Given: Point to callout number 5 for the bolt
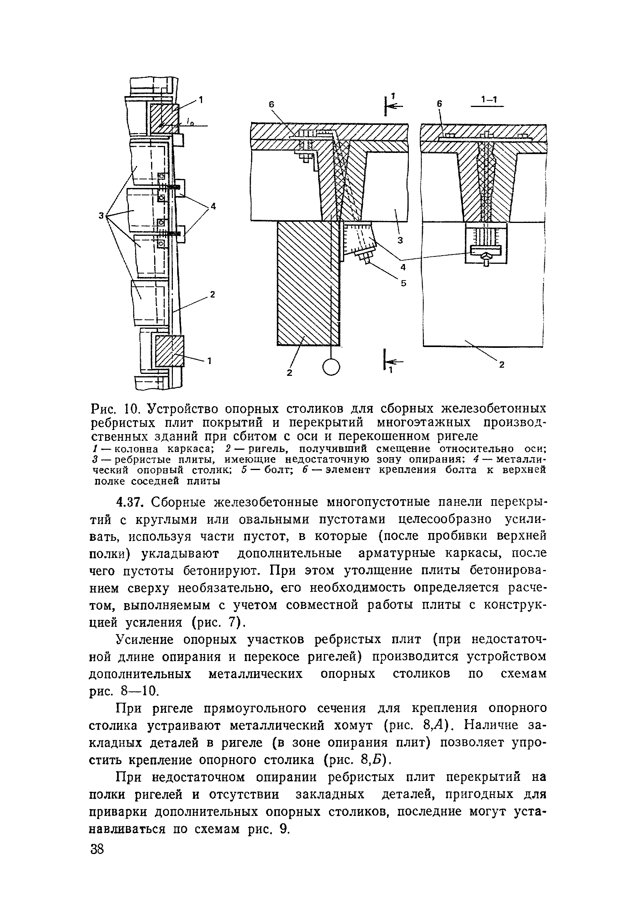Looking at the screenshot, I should coord(404,283).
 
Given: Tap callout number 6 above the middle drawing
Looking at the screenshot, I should coord(271,104).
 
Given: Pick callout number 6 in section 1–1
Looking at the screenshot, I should coord(439,103).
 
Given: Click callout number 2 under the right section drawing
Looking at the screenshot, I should coord(501,365).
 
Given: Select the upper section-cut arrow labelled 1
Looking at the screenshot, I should coord(392,105).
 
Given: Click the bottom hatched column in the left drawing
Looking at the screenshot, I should coord(170,351).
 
